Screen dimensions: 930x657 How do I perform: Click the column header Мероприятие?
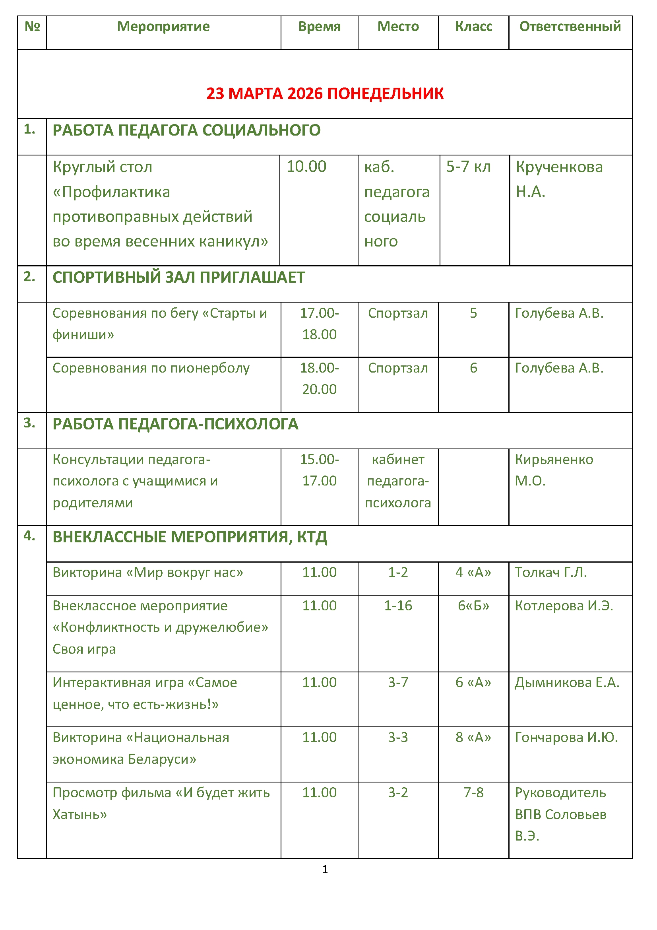163,27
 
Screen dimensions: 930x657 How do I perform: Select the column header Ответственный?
570,27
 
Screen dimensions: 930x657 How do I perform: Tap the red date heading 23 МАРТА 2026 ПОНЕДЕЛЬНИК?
325,93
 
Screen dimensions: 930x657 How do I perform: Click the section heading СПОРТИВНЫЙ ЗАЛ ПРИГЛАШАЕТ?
178,278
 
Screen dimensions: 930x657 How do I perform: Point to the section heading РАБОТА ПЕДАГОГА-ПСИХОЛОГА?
175,424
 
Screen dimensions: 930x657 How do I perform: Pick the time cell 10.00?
306,167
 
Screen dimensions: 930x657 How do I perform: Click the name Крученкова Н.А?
559,179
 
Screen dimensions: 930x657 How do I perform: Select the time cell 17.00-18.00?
319,324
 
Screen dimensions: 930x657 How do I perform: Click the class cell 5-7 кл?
468,167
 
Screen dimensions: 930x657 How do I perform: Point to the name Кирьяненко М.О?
554,470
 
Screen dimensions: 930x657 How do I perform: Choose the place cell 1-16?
397,606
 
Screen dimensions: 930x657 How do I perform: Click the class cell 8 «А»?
473,737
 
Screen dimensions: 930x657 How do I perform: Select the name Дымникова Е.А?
567,683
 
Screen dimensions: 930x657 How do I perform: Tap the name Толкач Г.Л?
550,572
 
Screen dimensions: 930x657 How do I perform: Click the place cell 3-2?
397,792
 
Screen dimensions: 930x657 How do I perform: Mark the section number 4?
29,536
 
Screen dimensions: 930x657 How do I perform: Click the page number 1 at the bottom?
325,869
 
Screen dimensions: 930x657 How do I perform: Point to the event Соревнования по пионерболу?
151,368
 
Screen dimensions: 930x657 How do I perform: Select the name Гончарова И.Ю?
566,737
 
